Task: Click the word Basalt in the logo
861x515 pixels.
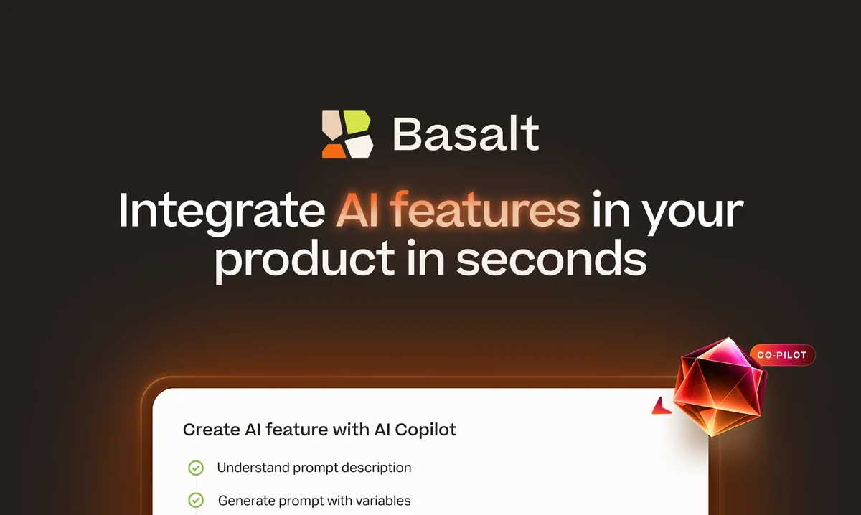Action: coord(466,133)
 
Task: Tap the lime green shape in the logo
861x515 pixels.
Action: coord(357,123)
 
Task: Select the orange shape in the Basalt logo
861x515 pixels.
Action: coord(334,151)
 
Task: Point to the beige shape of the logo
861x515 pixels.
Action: coord(331,125)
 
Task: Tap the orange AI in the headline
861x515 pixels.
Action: coord(357,210)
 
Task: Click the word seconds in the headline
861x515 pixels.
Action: coord(551,257)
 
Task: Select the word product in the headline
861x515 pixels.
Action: coord(304,260)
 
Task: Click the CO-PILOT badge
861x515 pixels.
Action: coord(782,355)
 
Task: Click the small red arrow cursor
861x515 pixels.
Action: coord(661,407)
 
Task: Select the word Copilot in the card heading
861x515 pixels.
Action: coord(425,430)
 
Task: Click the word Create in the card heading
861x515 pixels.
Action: coord(212,430)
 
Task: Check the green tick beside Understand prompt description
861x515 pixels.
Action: coord(196,468)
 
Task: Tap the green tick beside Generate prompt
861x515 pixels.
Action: coord(196,500)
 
